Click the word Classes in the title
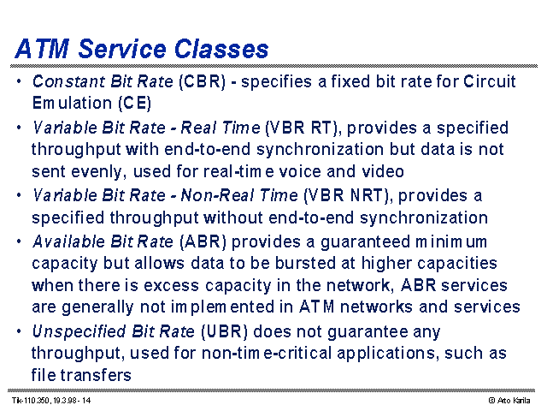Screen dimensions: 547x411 click(x=221, y=49)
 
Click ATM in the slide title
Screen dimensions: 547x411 click(x=42, y=49)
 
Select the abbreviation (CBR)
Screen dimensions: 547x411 click(x=202, y=82)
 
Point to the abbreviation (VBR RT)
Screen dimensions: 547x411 click(x=302, y=128)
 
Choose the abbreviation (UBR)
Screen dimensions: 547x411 click(x=224, y=331)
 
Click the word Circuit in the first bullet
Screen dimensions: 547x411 click(x=490, y=81)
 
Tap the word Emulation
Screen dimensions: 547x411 click(x=72, y=103)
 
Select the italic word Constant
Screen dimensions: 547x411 click(x=69, y=81)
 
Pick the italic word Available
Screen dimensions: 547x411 click(x=68, y=241)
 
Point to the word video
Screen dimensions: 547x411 click(x=383, y=171)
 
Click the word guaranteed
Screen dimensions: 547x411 click(x=365, y=242)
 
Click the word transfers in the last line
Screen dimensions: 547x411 click(x=96, y=375)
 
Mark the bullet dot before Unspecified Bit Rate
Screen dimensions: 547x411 click(x=19, y=331)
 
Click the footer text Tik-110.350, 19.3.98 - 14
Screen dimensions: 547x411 click(x=51, y=400)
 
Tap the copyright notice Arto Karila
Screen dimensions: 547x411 click(x=509, y=401)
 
